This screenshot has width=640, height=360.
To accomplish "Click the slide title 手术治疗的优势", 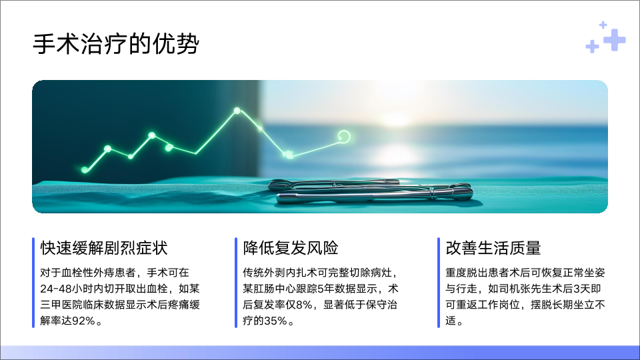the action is point(116,44).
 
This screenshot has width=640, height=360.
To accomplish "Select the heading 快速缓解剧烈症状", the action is point(104,248).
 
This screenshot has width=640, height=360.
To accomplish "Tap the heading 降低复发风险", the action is point(291,248).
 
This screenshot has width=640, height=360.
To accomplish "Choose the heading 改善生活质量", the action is point(493,248).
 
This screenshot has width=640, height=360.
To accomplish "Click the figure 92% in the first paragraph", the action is point(83,321).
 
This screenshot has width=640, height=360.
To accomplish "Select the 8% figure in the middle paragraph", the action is point(304,305).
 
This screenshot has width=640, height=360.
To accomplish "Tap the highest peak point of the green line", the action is point(237,111).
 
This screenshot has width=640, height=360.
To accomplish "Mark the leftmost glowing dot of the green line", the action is point(85,170).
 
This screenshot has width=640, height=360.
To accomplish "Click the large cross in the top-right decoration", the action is point(614,40).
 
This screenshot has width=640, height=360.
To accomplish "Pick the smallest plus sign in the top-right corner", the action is point(603,25).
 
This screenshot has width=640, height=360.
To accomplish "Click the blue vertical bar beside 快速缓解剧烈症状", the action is point(33,283).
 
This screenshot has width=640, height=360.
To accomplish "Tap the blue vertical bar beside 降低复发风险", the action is point(236,283).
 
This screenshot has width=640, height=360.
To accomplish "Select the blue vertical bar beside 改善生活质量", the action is point(439,283).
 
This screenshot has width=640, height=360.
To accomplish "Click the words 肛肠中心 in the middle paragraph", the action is point(275,289).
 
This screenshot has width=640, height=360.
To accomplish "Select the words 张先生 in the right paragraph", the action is point(525,289).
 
